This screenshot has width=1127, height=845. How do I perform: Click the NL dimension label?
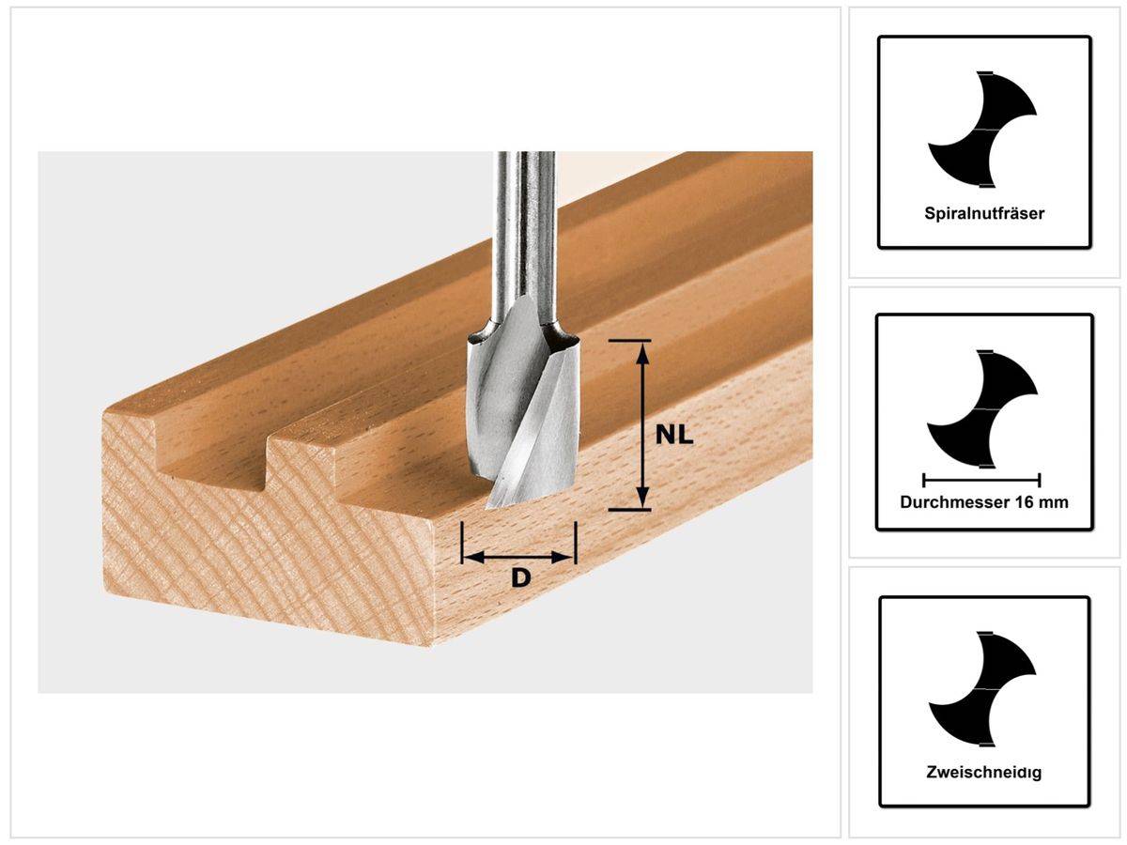tap(674, 434)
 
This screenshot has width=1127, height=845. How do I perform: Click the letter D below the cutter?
tap(520, 578)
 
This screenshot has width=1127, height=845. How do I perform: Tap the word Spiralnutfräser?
tap(983, 213)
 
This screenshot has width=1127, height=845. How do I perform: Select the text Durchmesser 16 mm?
tap(983, 502)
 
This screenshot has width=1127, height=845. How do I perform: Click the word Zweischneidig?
tap(983, 774)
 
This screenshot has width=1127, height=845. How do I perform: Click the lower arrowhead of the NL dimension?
tap(642, 499)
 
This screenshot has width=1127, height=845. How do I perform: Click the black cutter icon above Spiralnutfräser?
tap(982, 127)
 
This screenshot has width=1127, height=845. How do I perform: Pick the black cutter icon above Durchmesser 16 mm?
tap(982, 408)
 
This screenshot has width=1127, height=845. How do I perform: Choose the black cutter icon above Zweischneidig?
tap(982, 690)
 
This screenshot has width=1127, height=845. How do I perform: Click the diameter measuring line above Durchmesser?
tap(982, 478)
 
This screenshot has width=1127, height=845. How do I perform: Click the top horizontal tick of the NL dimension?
tap(629, 340)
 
